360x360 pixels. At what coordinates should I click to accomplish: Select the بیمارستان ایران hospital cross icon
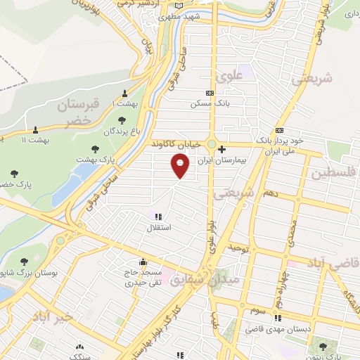pos(221,149)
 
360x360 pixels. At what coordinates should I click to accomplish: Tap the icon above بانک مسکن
pos(209,92)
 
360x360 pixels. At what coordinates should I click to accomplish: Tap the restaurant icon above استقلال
pos(158,217)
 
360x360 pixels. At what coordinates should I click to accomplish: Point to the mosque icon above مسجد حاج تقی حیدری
pos(143,261)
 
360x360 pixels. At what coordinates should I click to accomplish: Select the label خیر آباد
pos(52,318)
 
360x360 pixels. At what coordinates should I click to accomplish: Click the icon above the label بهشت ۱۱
pos(35,129)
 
